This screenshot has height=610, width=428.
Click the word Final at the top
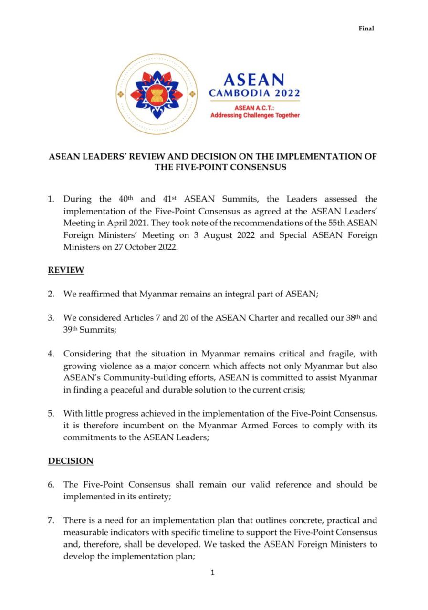366,29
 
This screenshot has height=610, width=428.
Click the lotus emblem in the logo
157,93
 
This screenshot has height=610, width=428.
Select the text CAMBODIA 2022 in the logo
254,93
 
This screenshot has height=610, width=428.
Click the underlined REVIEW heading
66,270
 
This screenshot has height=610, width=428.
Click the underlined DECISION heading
71,461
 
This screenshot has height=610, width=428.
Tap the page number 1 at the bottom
213,573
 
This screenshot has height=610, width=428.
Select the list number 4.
51,354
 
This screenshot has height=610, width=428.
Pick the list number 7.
51,520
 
